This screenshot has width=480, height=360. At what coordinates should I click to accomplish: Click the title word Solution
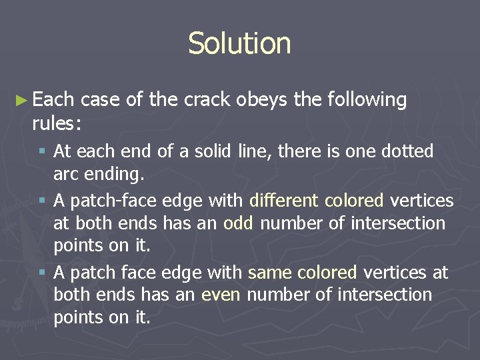click(239, 43)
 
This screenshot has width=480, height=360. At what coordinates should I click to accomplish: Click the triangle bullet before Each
click(21, 100)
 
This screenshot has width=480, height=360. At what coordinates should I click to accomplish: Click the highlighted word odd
click(238, 223)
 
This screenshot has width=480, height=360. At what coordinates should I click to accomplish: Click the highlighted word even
click(221, 295)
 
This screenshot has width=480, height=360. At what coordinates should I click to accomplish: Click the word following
click(367, 101)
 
